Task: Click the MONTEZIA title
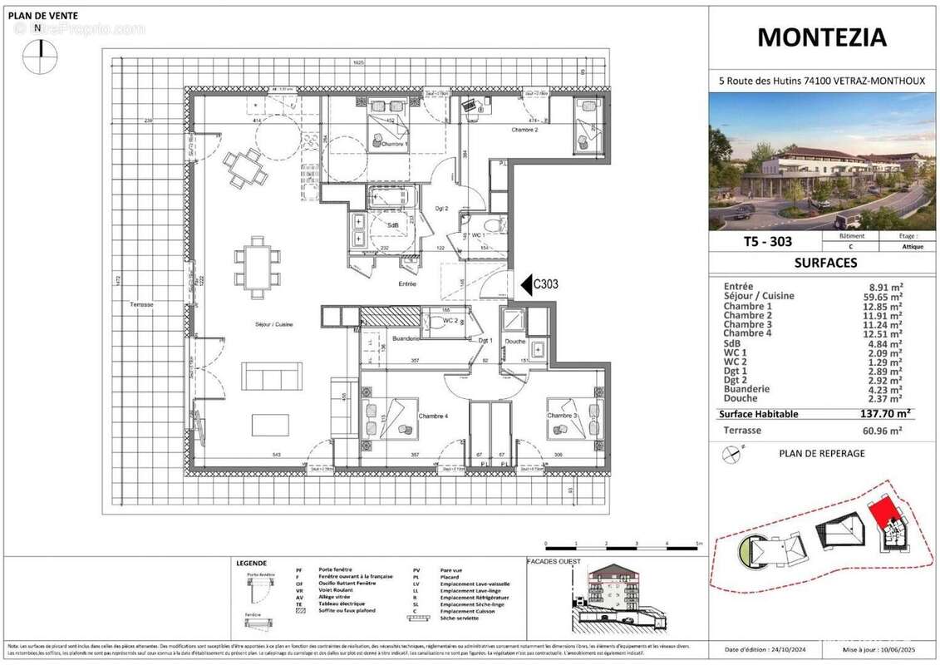(822, 37)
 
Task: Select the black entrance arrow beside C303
(525, 285)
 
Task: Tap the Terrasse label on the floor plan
(141, 305)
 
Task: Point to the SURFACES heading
(821, 263)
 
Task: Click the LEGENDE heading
(251, 563)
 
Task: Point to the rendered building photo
(821, 161)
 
